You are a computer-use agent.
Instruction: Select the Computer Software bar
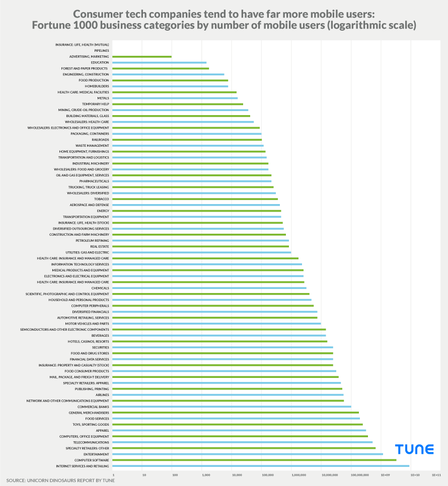coord(254,460)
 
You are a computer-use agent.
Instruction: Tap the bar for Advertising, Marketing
coord(142,57)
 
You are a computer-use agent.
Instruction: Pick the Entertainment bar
coord(248,454)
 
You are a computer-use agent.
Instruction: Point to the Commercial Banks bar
coord(232,407)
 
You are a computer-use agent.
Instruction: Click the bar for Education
coord(159,63)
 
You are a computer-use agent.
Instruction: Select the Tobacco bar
coord(195,199)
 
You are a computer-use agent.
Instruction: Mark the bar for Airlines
coord(228,395)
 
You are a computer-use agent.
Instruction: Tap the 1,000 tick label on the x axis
coord(204,474)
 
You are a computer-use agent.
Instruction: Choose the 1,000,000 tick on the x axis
coord(298,474)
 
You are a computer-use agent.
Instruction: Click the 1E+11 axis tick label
coord(436,474)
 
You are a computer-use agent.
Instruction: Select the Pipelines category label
coord(101,51)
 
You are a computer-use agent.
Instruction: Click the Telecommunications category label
coord(91,442)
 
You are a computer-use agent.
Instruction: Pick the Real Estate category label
coord(100,246)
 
